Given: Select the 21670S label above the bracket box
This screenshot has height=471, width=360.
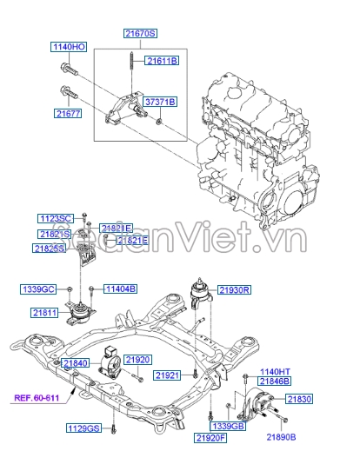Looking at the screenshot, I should [140, 32].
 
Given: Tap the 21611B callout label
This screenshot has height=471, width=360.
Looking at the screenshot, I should [162, 61].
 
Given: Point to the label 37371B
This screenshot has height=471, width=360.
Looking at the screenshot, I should [160, 102].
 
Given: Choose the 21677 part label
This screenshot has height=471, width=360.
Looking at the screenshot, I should [67, 113].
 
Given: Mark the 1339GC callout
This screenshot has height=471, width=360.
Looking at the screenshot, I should [39, 289].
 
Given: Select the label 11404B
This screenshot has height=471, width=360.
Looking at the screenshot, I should [120, 289].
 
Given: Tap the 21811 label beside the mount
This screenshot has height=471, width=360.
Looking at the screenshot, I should [45, 310].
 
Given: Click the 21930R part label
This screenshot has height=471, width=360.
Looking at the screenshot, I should [234, 289].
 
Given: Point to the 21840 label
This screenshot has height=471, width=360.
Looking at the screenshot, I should [76, 362].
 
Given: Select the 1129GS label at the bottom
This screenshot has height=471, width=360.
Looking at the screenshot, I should [84, 428].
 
